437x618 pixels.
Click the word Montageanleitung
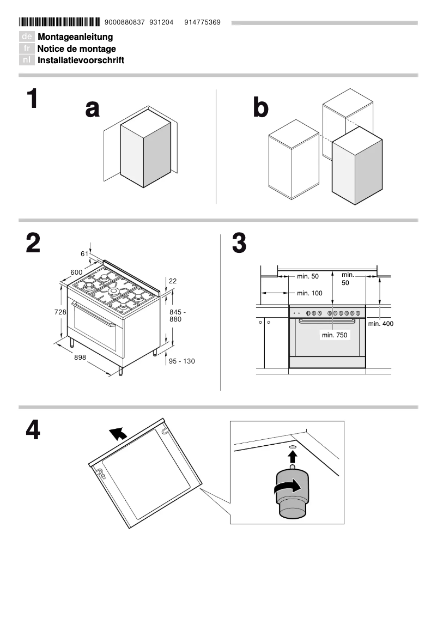tap(75, 37)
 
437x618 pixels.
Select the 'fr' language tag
tap(27, 49)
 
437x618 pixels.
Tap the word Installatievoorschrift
tap(81, 60)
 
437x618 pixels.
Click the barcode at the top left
tap(59, 22)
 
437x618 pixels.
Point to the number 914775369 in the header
tap(202, 22)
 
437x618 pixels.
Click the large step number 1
tap(33, 100)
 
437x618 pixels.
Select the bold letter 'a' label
tap(93, 109)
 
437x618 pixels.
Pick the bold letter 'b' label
tap(260, 109)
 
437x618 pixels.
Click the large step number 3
tap(239, 244)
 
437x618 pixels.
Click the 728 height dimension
tap(60, 312)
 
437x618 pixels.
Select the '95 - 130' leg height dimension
tap(182, 361)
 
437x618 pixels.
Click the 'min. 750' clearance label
tap(334, 335)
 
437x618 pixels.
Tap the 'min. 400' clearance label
tap(380, 324)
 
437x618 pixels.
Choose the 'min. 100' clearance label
tap(309, 293)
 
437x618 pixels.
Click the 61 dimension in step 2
tap(84, 253)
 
